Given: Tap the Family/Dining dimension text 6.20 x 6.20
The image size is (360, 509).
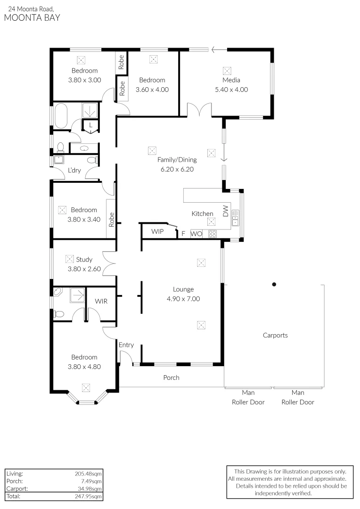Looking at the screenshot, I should click(177, 169).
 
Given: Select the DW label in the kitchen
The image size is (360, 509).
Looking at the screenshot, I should click(225, 211).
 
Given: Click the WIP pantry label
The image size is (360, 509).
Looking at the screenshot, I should click(157, 232).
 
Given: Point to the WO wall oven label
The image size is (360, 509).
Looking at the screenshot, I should click(196, 233).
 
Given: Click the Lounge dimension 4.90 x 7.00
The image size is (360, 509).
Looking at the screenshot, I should click(184, 298).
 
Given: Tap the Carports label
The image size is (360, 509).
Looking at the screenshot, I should click(275, 336).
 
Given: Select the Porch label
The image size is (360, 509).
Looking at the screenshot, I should click(171, 378).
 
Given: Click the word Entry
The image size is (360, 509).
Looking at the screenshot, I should click(126, 345).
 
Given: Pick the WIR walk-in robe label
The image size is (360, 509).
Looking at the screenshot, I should click(101, 301).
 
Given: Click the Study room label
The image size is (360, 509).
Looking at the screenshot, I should click(84, 259).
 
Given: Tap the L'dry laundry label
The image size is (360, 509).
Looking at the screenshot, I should click(74, 170).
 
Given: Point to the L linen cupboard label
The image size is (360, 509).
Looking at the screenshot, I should click(90, 125).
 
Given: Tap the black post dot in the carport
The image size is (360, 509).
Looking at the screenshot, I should click(274, 284).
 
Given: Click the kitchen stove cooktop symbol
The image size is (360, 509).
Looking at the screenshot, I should click(212, 233).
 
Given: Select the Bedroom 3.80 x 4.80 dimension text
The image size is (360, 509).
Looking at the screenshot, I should click(84, 366).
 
